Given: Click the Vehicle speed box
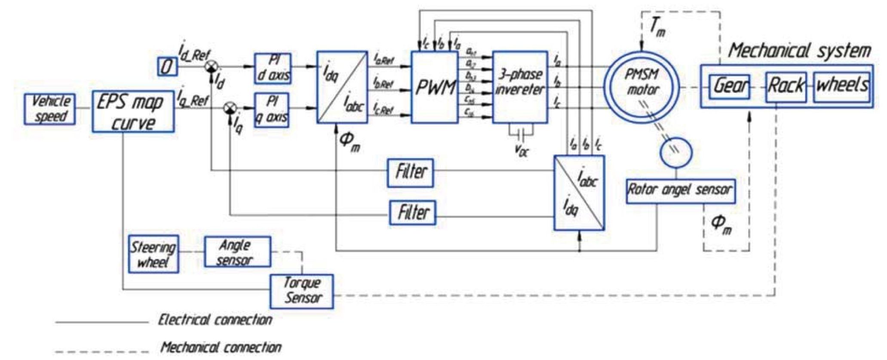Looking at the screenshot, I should [50, 109].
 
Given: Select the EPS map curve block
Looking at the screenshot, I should [133, 111].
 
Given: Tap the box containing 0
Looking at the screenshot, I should [166, 66].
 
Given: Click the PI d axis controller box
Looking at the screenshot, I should [273, 68].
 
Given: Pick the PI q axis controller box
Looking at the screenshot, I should [272, 110].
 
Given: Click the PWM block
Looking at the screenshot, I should [435, 87].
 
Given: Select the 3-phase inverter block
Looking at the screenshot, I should [520, 87].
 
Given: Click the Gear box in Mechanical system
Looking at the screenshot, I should [730, 86].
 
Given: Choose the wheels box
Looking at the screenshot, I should [842, 87].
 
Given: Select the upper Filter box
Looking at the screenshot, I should [410, 173].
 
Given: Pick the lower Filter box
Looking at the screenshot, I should [412, 212].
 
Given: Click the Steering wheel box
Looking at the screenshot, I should [153, 254].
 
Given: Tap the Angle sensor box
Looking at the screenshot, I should [237, 252].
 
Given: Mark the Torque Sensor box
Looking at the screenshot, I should [302, 291].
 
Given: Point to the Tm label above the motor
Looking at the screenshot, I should [656, 28].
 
